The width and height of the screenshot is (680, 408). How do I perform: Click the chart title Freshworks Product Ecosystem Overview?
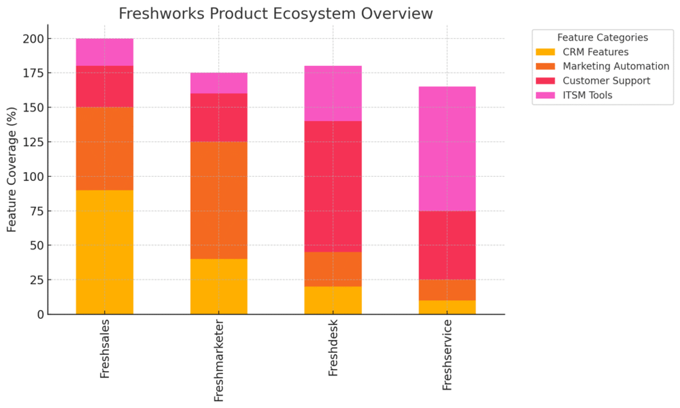(275, 14)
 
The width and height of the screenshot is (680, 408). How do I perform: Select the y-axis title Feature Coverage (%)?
(12, 169)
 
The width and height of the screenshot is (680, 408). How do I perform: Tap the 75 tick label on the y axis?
(35, 211)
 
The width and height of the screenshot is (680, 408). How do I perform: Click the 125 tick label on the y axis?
(33, 142)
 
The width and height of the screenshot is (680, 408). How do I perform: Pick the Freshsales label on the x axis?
(105, 350)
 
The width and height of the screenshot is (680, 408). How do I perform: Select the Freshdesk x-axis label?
(333, 349)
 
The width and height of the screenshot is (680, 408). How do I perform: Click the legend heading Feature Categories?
(602, 37)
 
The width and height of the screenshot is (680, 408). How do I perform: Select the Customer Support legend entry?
(606, 80)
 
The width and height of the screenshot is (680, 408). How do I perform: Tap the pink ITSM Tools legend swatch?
(545, 95)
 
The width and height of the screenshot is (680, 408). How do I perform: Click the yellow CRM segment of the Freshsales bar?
(105, 252)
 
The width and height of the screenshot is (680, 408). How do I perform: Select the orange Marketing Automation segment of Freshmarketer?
(219, 201)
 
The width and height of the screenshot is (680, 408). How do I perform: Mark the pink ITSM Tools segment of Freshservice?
(447, 148)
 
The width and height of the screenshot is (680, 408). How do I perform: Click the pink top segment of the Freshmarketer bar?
(219, 83)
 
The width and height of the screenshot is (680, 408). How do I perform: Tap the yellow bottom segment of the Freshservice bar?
(447, 307)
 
